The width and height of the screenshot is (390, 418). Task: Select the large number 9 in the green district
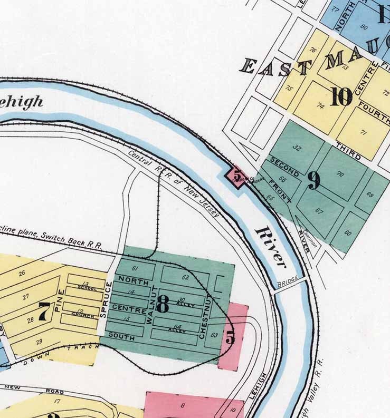[313, 181]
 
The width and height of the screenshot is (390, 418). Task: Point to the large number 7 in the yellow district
[45, 311]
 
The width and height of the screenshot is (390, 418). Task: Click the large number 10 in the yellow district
[341, 96]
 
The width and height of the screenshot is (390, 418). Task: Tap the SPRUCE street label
[109, 300]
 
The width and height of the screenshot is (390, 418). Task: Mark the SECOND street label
[284, 166]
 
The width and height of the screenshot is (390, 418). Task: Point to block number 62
[185, 277]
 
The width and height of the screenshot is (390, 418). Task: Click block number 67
[319, 211]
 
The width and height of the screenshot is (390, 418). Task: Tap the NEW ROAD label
[34, 388]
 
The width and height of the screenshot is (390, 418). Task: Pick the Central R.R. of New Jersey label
[174, 184]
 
